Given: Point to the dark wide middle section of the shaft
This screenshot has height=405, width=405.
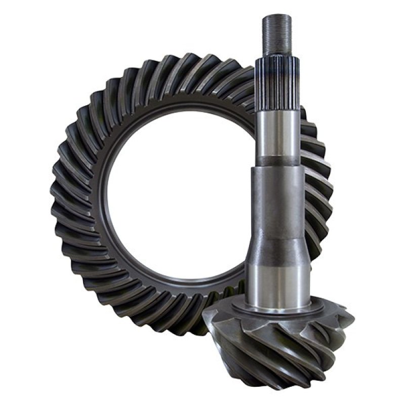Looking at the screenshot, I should coord(277,202).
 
